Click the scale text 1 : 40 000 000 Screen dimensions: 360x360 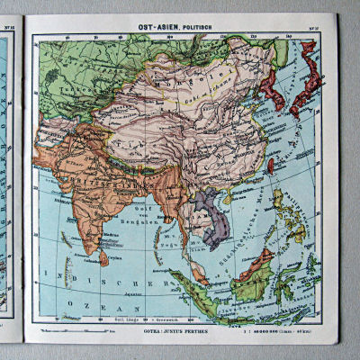coord(273,329)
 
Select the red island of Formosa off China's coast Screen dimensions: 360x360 coord(271,166)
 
